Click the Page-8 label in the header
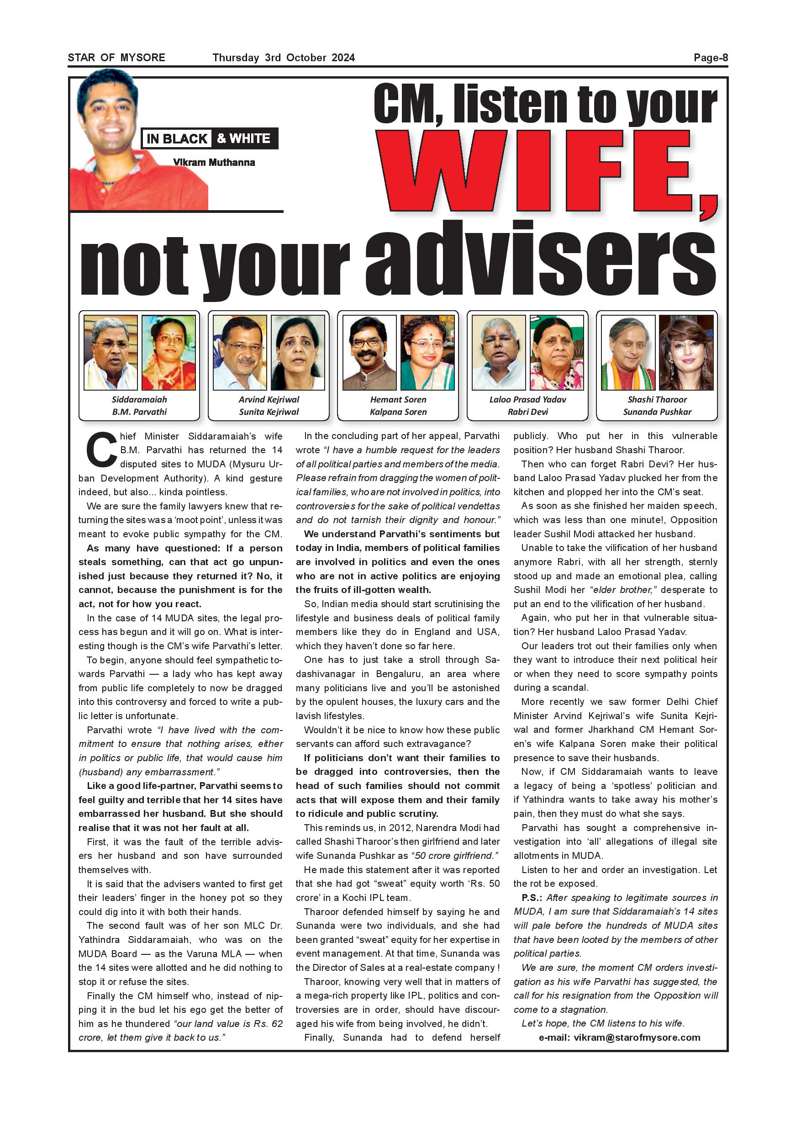click(710, 58)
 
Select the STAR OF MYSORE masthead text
click(116, 58)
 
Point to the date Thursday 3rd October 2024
click(284, 58)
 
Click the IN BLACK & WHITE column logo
click(209, 139)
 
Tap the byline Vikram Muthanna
click(214, 162)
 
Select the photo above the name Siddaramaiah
click(111, 352)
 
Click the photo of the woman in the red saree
click(168, 352)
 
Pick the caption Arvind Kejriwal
click(269, 399)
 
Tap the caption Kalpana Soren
click(398, 412)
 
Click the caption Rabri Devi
click(528, 412)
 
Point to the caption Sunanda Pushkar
click(657, 412)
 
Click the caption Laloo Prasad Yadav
click(528, 399)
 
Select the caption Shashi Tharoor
click(657, 399)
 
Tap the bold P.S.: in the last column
click(532, 897)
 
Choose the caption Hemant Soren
click(398, 399)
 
